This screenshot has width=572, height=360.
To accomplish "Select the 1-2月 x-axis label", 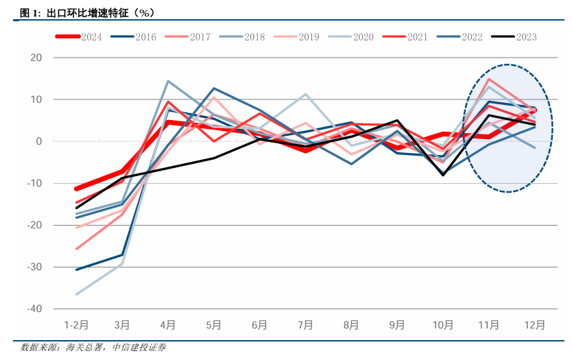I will [75, 325].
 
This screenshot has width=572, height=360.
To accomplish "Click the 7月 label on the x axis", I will [305, 325].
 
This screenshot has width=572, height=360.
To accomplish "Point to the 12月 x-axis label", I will [535, 325].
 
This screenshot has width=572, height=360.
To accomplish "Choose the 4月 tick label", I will [167, 325].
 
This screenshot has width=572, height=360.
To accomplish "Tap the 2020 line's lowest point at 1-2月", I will [75, 294].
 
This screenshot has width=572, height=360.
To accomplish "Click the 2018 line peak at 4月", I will [168, 81].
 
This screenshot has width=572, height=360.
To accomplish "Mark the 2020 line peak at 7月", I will [305, 94].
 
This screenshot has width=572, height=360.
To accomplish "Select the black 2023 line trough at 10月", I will [443, 175].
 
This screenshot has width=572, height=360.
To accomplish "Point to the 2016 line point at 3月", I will [122, 255].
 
